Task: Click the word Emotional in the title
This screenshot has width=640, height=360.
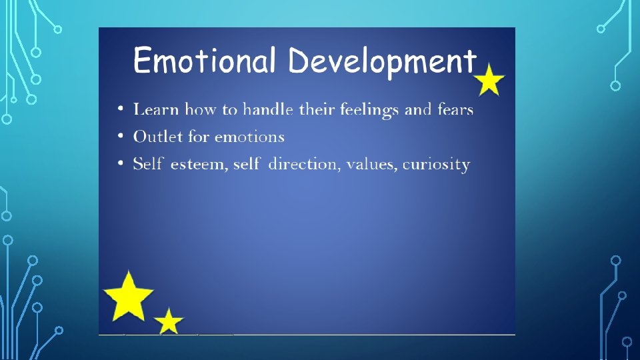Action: (204, 61)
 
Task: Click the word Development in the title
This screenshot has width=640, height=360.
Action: (383, 61)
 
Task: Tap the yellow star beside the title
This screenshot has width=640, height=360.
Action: (489, 80)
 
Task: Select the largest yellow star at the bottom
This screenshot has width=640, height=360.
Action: (129, 295)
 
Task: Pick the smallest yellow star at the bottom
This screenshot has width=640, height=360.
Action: (169, 321)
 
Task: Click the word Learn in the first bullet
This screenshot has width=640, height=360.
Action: (156, 109)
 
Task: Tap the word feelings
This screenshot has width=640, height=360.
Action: (370, 110)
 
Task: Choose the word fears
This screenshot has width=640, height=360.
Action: (456, 109)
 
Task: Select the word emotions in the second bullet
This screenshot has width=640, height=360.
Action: (249, 137)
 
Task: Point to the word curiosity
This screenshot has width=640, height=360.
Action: (436, 165)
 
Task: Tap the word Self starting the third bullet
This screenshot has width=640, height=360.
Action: (148, 164)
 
